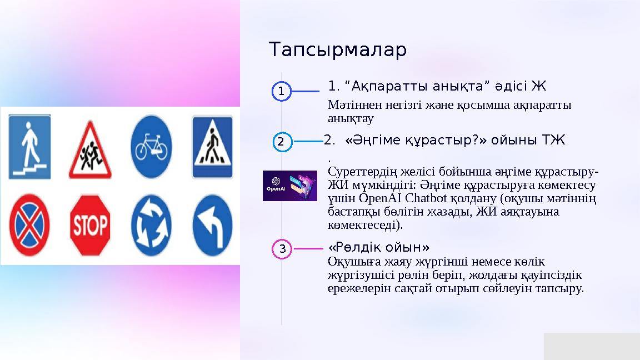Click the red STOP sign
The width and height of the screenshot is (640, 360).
89,225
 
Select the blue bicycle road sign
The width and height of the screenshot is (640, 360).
151,147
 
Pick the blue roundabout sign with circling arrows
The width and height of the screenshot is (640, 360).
151,225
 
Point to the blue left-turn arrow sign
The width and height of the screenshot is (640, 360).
212,225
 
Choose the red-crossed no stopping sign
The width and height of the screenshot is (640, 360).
29,225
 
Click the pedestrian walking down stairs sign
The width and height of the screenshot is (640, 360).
29,147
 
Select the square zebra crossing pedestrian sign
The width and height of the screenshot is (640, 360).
212,147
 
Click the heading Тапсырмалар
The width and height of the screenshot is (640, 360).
338,50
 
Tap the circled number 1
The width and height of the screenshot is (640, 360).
282,92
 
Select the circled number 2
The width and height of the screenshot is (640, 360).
282,142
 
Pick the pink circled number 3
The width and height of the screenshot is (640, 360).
282,249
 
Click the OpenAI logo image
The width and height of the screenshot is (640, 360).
289,186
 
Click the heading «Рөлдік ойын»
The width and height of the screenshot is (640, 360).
379,247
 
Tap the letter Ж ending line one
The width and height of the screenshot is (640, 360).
539,86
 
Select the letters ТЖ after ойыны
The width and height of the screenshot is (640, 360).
554,141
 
